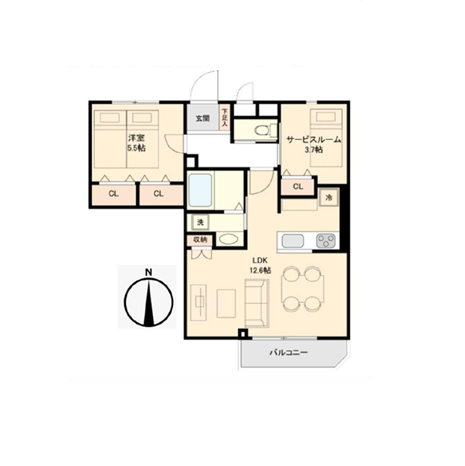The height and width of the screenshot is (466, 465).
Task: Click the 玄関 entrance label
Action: [x=202, y=118]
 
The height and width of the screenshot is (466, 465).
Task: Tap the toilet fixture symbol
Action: [x=263, y=130]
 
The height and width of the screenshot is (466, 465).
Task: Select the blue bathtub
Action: [x=201, y=190]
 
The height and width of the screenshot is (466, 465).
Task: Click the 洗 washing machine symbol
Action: [x=201, y=222]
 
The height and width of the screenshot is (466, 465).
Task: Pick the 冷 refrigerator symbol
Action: [x=329, y=197]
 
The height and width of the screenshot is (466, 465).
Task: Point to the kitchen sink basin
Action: [x=293, y=240]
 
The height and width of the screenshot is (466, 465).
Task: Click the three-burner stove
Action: [x=326, y=240]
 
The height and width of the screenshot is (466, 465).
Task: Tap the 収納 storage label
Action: [x=200, y=240]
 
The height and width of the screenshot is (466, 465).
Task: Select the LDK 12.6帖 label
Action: [x=260, y=265]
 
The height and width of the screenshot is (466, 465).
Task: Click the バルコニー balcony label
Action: [x=289, y=352]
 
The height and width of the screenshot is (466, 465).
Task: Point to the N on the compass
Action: [x=148, y=272]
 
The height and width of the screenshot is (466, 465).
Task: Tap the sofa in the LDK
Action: [x=257, y=303]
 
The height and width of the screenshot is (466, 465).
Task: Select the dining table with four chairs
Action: [x=303, y=288]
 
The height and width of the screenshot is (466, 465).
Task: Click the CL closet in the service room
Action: [x=297, y=187]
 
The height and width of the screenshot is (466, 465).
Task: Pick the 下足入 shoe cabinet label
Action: [x=225, y=117]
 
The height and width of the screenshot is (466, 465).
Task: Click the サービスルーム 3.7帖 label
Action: [x=314, y=145]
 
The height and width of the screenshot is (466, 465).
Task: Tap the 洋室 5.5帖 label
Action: [x=137, y=143]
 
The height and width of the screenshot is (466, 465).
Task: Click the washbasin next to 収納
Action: [x=228, y=239]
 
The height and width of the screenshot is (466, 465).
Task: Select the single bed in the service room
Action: [x=326, y=138]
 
